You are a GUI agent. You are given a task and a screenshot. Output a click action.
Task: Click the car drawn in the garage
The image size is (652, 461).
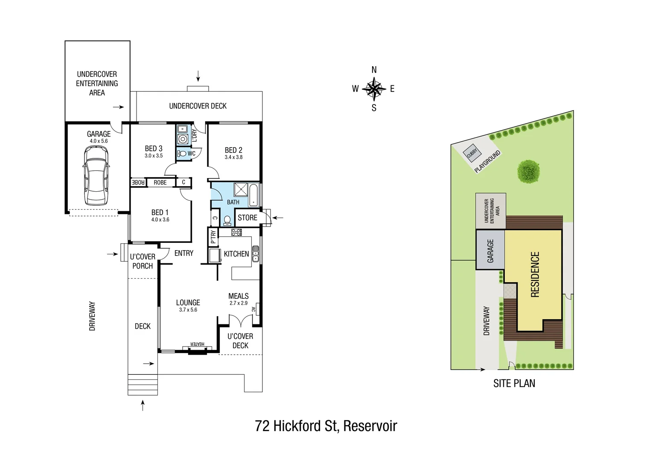point(96,175)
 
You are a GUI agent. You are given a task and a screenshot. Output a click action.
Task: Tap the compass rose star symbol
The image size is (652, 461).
point(374,89)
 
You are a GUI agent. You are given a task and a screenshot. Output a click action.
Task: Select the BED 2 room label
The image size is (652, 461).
point(233,150)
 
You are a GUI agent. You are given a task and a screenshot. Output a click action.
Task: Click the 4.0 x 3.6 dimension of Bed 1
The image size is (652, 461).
point(160,220)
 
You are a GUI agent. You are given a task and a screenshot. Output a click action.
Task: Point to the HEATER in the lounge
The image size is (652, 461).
point(197,344)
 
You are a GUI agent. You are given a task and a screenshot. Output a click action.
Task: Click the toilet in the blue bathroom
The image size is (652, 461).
point(227,220)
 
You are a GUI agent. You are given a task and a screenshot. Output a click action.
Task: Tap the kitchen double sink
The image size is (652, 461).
point(255,254)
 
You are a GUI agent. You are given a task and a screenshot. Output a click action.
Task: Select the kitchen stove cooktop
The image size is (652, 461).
point(236,232)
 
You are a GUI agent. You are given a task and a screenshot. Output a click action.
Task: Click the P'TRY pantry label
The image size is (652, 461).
point(213,237)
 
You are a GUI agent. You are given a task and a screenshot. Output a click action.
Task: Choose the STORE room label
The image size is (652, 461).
point(247,218)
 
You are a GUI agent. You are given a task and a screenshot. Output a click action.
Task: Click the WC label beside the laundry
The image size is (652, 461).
point(192,154)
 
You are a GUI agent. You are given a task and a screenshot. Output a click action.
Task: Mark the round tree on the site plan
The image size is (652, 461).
point(529,172)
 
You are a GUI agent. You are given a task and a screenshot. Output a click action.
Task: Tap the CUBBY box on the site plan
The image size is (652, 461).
point(472,152)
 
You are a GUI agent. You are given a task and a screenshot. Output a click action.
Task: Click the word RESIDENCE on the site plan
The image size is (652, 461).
point(535,274)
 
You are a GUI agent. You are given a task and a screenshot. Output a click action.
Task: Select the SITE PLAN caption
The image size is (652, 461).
point(514,383)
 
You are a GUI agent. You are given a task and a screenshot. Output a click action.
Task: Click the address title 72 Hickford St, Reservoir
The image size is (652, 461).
point(326,426)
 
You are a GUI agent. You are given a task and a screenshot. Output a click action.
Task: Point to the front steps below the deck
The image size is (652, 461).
point(143,385)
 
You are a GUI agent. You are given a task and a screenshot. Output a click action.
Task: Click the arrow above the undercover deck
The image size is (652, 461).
point(198,76)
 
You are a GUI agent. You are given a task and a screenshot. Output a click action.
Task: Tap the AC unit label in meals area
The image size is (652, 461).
point(253,309)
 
